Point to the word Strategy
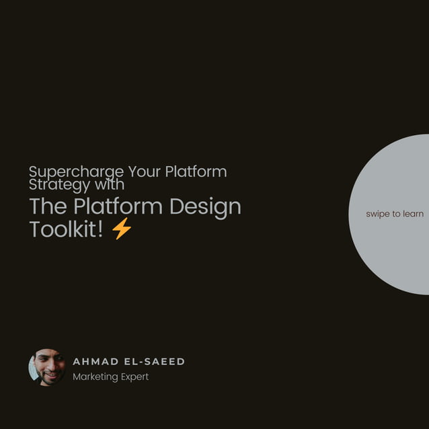(57, 184)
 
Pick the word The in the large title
(48, 206)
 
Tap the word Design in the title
(205, 207)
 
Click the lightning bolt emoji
(122, 229)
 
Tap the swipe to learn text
(395, 214)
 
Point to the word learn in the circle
(413, 214)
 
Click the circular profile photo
(47, 367)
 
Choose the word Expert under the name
(134, 377)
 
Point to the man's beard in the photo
(50, 378)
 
